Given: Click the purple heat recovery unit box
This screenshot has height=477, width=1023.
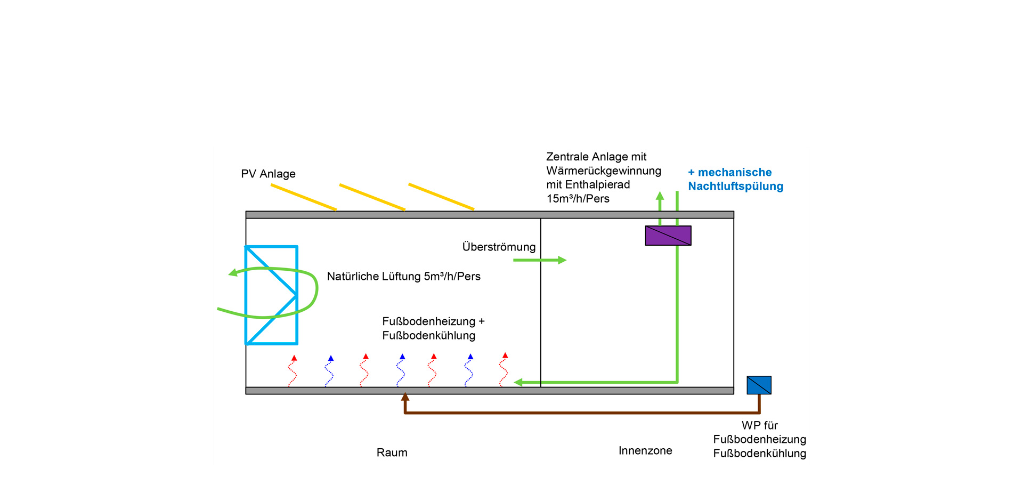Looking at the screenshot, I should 668,236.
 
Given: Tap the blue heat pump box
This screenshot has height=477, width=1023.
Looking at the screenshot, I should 759,385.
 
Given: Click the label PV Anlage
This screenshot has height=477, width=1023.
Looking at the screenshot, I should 268,174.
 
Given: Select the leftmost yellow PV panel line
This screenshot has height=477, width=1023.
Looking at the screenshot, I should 303,197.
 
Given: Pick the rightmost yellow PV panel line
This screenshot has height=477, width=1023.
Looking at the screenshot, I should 441,197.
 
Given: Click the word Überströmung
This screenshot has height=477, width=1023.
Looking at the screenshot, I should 499,247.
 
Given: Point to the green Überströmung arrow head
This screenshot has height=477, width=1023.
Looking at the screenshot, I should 562,260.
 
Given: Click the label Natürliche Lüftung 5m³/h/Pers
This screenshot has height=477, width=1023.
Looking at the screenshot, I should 403,276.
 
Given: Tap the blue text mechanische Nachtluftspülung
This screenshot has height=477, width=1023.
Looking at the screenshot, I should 735,179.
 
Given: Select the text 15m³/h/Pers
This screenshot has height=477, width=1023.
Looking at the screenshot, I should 578,198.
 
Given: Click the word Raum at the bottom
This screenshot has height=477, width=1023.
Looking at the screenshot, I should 392,452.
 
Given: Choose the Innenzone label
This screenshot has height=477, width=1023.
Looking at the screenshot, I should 645,450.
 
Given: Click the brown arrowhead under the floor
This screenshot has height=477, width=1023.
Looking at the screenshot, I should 405,397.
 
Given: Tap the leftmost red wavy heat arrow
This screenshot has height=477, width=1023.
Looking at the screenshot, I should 292,371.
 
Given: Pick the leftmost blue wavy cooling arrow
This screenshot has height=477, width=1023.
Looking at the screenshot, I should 329,371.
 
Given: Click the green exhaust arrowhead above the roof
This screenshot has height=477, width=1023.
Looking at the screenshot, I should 660,196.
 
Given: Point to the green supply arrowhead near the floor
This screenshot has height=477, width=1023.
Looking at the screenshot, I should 518,382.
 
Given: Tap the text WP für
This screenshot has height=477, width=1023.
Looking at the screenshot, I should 759,425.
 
